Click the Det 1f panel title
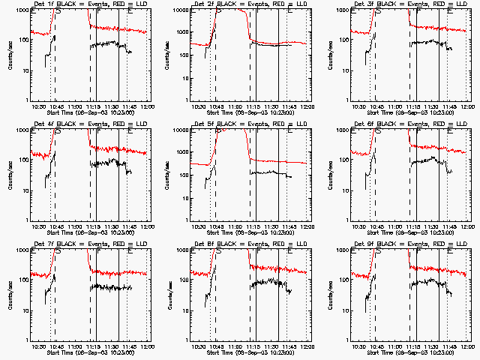tap(86, 4)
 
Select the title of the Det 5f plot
tap(245, 124)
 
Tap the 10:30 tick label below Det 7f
tap(40, 346)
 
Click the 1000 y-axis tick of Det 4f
tap(22, 130)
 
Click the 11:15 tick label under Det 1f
tap(94, 106)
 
